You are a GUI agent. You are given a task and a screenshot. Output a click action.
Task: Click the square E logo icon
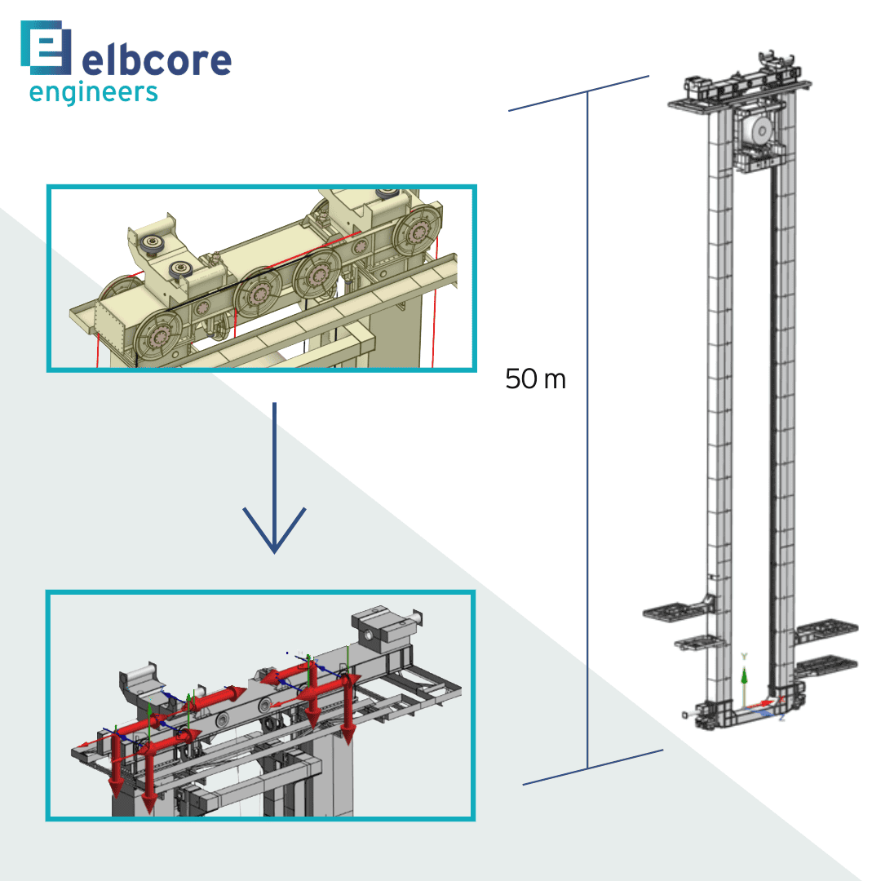pos(46,48)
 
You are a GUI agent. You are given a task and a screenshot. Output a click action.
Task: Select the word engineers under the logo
pos(93,92)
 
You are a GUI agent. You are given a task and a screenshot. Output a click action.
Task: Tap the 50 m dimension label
pos(535,379)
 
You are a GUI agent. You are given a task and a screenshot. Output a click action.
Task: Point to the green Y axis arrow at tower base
pos(743,677)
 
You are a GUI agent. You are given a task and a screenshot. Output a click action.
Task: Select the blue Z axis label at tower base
pos(781,717)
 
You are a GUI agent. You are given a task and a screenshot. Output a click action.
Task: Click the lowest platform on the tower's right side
pos(826,662)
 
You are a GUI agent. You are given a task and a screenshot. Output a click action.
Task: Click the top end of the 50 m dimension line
pos(587,92)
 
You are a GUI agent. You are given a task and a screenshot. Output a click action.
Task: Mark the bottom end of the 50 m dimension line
pos(587,768)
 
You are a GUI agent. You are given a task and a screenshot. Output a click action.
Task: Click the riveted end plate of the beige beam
pos(109,328)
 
